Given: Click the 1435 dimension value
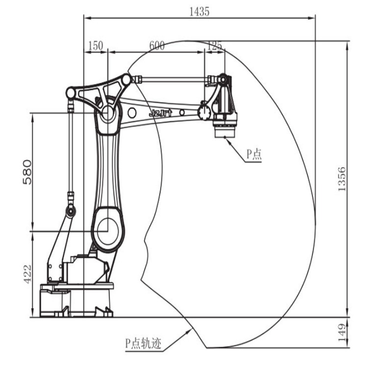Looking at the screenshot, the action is tap(199, 11).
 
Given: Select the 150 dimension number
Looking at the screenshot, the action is tap(96, 46).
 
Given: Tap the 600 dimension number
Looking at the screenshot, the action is tap(157, 46).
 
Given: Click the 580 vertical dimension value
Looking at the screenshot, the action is tap(27, 172).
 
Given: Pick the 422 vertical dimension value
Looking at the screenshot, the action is tap(27, 274).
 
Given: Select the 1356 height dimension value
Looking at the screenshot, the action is tap(342, 179).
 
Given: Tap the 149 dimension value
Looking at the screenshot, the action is tap(342, 333).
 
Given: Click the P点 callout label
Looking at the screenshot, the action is tap(254, 155).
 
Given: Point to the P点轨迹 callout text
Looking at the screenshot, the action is tap(143, 343).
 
